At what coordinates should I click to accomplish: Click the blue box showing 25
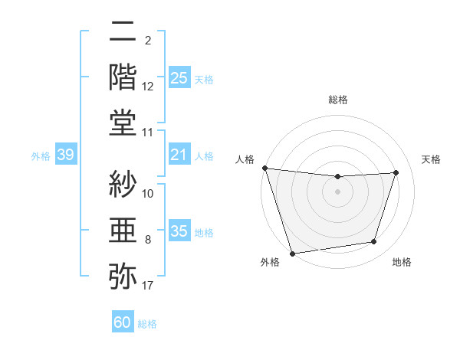pyautogui.click(x=179, y=77)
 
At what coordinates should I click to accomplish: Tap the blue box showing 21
pyautogui.click(x=179, y=155)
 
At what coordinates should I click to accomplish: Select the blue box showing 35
pyautogui.click(x=179, y=231)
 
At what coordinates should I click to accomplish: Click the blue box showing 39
pyautogui.click(x=65, y=155)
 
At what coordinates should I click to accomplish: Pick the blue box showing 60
pyautogui.click(x=122, y=323)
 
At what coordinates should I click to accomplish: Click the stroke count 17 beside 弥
pyautogui.click(x=148, y=286)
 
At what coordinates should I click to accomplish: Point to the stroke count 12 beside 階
pyautogui.click(x=148, y=87)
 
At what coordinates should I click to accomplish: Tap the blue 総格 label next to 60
pyautogui.click(x=147, y=324)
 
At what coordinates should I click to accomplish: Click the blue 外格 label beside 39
pyautogui.click(x=41, y=156)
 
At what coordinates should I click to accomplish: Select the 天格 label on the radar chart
pyautogui.click(x=432, y=159)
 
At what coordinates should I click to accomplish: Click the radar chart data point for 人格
pyautogui.click(x=264, y=168)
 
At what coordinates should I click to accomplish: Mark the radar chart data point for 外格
pyautogui.click(x=292, y=253)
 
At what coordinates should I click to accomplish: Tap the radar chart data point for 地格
pyautogui.click(x=374, y=242)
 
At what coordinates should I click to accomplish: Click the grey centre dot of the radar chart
pyautogui.click(x=337, y=191)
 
